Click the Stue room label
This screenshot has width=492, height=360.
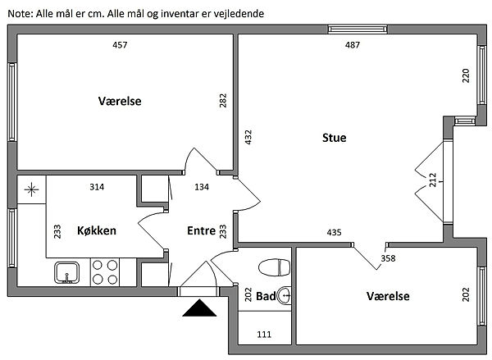[334, 138]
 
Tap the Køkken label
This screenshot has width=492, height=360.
[97, 230]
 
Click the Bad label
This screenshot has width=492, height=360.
[265, 296]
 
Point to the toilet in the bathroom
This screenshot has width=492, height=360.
[274, 267]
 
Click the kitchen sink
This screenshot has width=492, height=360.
[66, 271]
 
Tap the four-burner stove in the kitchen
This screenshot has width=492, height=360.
[104, 271]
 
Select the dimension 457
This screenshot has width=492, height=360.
[120, 45]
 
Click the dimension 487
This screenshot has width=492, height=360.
[353, 45]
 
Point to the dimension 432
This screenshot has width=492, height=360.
[248, 137]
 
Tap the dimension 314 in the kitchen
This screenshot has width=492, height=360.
[97, 187]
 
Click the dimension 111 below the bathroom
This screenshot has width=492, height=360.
[264, 335]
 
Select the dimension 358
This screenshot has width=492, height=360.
[388, 259]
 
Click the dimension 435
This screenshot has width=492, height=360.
[334, 233]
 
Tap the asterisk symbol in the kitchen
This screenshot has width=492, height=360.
[31, 190]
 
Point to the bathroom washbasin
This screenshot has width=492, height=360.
[284, 296]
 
